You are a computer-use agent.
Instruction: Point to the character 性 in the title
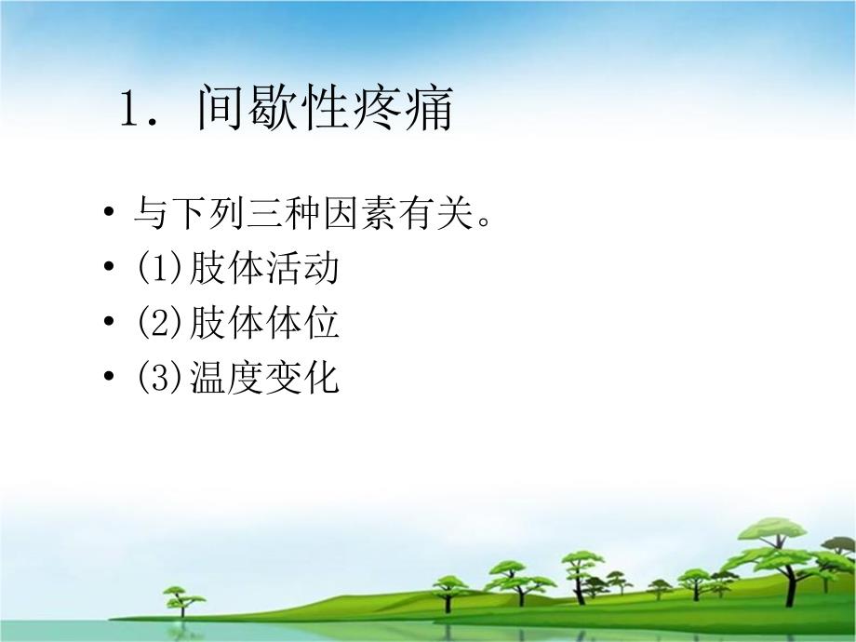click(x=339, y=111)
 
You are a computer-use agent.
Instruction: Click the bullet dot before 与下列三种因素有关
click(x=112, y=214)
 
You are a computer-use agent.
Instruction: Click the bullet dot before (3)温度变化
click(x=112, y=377)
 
